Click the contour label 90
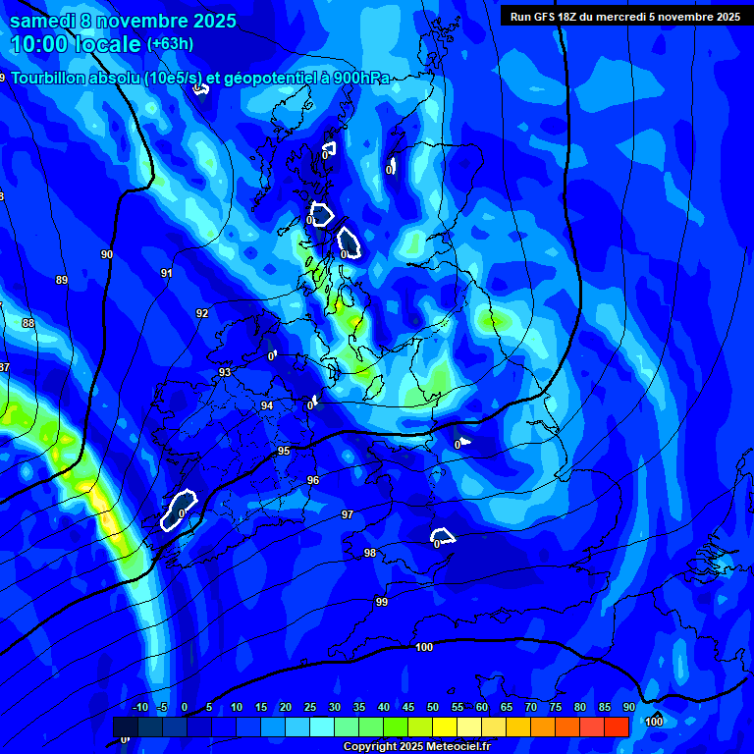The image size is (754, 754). pos(107,254)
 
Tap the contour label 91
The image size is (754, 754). pos(167,274)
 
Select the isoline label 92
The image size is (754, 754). pos(202,313)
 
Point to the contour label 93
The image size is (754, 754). pos(225,372)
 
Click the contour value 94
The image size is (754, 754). pos(267,405)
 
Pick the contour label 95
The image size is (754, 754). pos(284,451)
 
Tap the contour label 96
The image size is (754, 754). pos(313,480)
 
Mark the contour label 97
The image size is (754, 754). pos(348,514)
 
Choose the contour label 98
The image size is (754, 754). pos(370,553)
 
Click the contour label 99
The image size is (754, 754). pos(382,602)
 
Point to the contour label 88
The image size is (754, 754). pos(27,323)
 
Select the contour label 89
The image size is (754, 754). pos(62,280)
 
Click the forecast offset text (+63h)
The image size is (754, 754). pos(170,44)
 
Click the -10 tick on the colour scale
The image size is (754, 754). pos(140,708)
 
